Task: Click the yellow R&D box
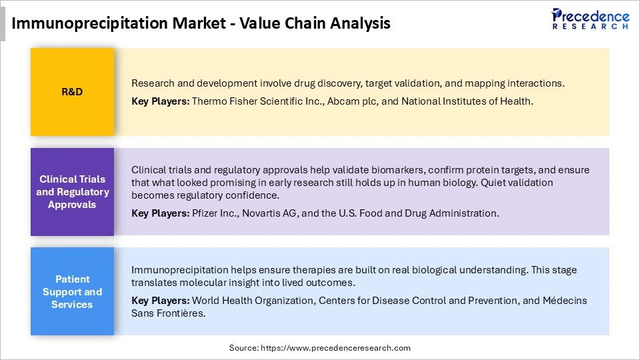click(72, 92)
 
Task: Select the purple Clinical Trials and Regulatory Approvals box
click(72, 192)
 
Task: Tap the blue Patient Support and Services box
click(72, 292)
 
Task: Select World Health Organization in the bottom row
click(253, 301)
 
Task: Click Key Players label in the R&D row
click(160, 101)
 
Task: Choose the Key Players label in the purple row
click(160, 213)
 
